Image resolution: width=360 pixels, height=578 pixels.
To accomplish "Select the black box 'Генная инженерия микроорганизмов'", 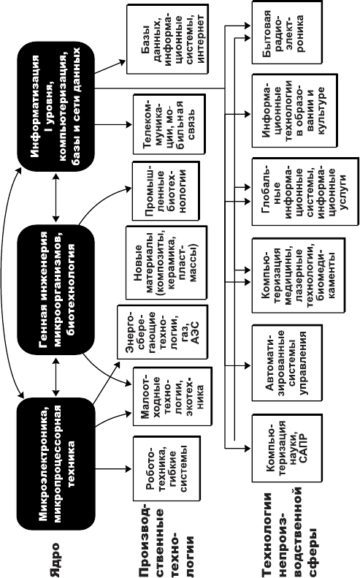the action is [x=56, y=290].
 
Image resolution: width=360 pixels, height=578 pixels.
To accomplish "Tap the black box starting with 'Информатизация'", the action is [x=56, y=106].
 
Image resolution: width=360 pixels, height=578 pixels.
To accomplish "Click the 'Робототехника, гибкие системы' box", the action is [x=166, y=469].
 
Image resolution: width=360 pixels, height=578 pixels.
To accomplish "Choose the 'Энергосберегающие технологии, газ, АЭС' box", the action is [x=162, y=332].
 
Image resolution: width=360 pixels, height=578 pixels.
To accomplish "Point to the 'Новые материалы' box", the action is [x=166, y=262].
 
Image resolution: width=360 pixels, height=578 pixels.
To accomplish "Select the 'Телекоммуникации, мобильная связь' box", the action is [x=169, y=124].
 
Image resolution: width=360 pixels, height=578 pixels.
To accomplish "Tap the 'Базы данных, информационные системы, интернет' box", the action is [x=167, y=39].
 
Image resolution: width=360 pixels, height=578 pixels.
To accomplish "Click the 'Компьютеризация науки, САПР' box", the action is [x=287, y=448].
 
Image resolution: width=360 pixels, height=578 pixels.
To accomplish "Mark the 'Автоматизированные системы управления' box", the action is [x=287, y=362].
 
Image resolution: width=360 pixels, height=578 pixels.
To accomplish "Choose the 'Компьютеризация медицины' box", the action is [x=299, y=275].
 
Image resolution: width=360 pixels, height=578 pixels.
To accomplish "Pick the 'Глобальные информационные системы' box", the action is [x=305, y=191].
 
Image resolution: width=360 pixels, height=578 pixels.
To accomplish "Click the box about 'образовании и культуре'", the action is [x=294, y=110].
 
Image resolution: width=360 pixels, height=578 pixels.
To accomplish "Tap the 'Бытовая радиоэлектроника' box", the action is [x=287, y=32].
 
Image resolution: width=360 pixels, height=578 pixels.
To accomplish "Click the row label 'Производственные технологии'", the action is [x=166, y=539].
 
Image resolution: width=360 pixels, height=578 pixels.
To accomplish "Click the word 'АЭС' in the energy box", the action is [x=195, y=332].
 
